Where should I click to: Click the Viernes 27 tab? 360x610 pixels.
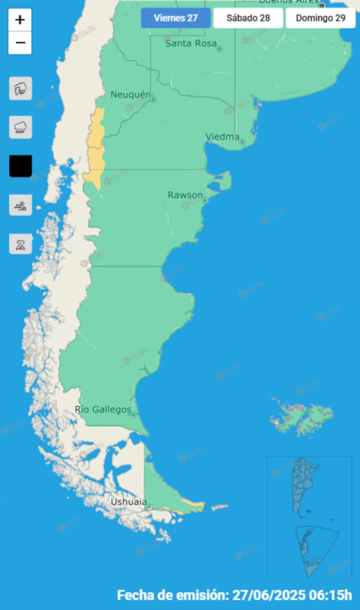(x=175, y=18)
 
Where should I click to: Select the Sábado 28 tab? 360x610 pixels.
(x=248, y=18)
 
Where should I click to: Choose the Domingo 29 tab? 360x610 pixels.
(x=321, y=18)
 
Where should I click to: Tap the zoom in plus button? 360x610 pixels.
(x=20, y=20)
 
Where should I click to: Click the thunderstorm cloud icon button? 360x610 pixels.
(x=20, y=89)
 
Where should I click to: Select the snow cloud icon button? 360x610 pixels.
(x=20, y=127)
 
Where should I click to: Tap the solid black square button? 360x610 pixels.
(x=20, y=166)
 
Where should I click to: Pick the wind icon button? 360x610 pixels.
(x=20, y=205)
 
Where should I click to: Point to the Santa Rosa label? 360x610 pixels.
(x=191, y=44)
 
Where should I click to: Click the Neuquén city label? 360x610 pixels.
(x=131, y=95)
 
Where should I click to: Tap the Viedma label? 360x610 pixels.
(x=222, y=137)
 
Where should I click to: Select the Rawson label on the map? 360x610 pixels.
(x=185, y=195)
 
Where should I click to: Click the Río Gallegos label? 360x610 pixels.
(x=103, y=410)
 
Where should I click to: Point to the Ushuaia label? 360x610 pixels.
(x=128, y=502)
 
